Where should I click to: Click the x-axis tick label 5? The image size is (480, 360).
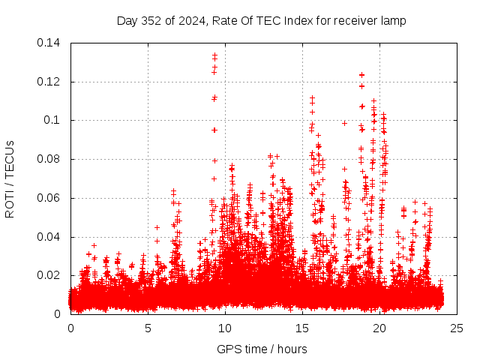pyautogui.click(x=148, y=328)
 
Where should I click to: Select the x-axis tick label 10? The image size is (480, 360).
pyautogui.click(x=225, y=328)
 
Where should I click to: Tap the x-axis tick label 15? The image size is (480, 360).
pyautogui.click(x=302, y=328)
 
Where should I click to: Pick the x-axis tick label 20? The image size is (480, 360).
pyautogui.click(x=379, y=328)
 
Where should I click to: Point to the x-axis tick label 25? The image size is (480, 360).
pyautogui.click(x=457, y=328)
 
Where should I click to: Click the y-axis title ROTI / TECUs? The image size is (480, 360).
pyautogui.click(x=10, y=178)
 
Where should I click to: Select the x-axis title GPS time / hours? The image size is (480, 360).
pyautogui.click(x=262, y=349)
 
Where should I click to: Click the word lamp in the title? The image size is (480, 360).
pyautogui.click(x=393, y=21)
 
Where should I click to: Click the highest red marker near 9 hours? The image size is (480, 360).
pyautogui.click(x=214, y=55)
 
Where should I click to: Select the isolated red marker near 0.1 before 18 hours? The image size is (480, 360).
pyautogui.click(x=345, y=123)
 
